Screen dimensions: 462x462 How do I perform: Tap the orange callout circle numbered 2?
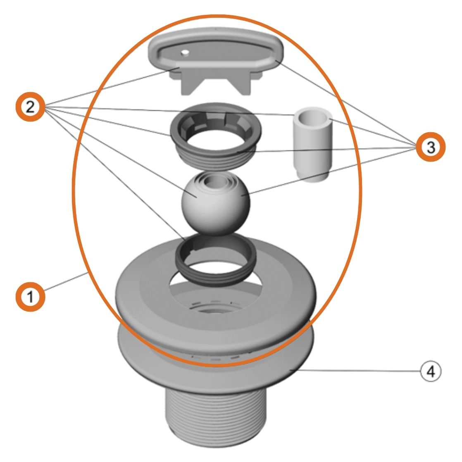click(x=30, y=107)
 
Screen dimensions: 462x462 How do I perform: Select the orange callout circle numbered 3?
click(x=431, y=147)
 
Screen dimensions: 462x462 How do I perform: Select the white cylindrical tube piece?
click(x=312, y=145)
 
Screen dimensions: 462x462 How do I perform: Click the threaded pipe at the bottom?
click(x=215, y=417)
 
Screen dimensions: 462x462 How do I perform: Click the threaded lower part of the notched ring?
click(x=219, y=159)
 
